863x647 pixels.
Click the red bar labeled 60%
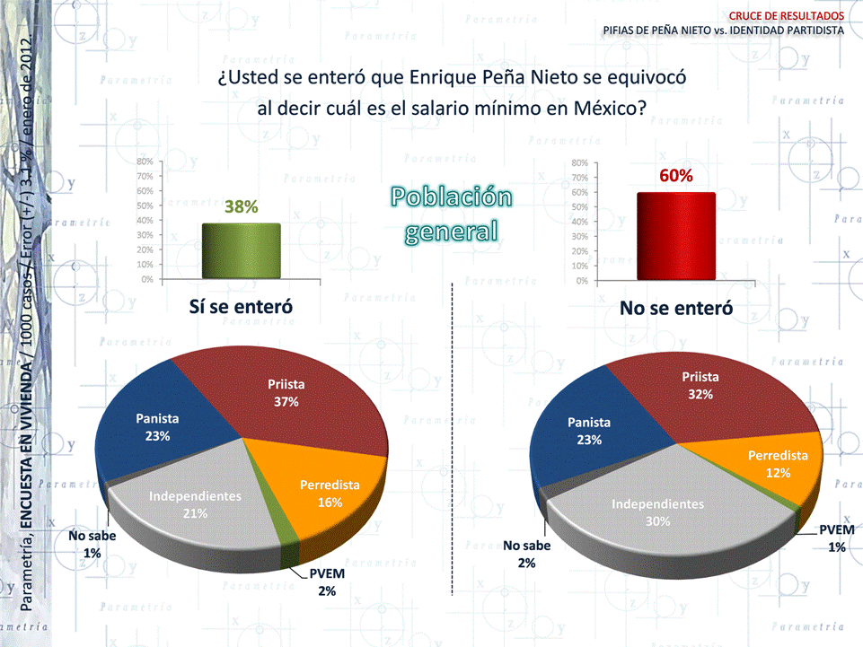click(676, 236)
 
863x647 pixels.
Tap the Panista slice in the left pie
click(157, 426)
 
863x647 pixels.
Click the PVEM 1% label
click(836, 538)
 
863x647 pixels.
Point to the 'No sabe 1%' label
click(92, 545)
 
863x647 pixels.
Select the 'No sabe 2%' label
click(526, 554)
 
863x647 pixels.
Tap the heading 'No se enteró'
click(676, 308)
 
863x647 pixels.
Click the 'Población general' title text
click(451, 215)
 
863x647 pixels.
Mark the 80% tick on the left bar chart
click(145, 162)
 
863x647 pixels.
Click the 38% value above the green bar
click(241, 207)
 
